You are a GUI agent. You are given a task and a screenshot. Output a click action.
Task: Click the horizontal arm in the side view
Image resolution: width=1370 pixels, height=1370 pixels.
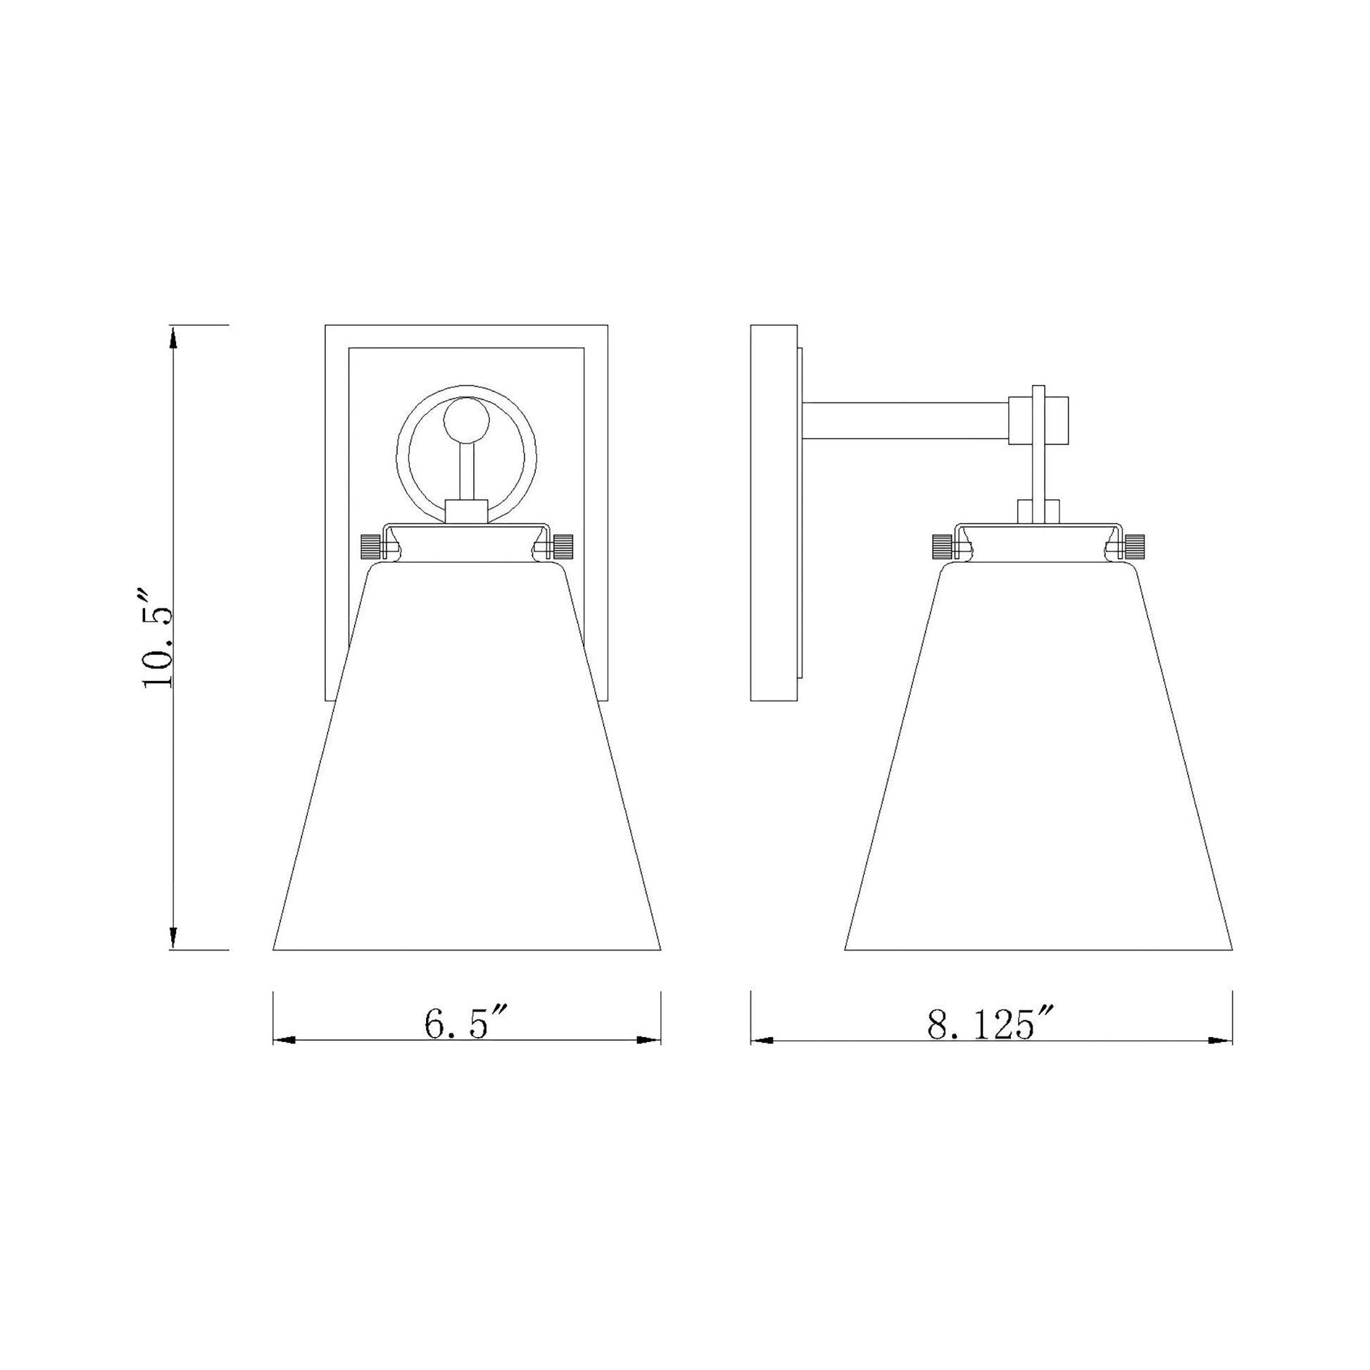(905, 420)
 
